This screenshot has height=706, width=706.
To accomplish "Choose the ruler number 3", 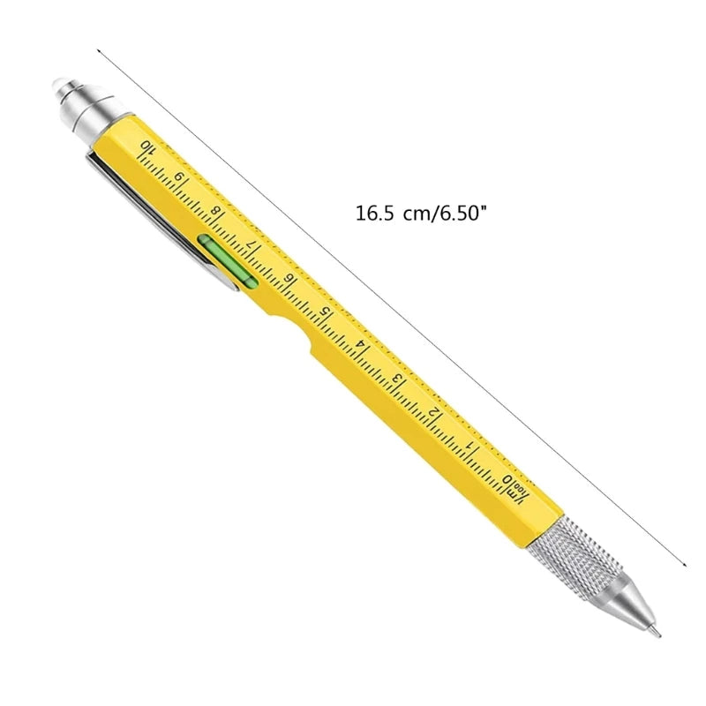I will coord(399,379).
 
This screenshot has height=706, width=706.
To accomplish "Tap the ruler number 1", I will coord(473,447).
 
